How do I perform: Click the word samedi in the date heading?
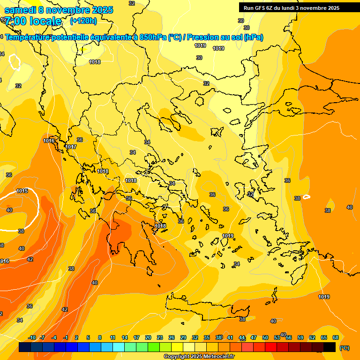19,10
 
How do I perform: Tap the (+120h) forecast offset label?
83,21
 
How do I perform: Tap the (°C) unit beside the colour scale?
344,348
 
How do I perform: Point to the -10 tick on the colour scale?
32,337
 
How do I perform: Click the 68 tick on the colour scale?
336,337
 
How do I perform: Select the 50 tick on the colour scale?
265,337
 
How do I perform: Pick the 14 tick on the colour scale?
125,337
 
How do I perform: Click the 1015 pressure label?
22,191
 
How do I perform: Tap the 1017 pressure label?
71,147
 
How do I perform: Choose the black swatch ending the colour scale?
330,347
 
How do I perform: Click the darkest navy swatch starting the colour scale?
25,347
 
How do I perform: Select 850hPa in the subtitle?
152,37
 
